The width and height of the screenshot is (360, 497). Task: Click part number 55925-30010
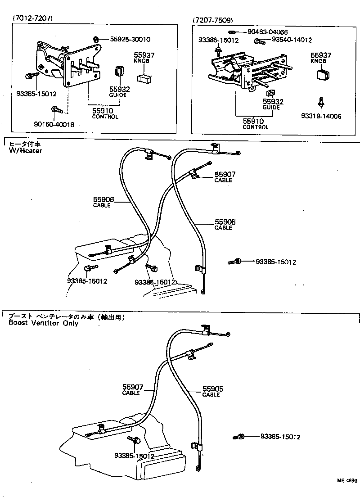130,39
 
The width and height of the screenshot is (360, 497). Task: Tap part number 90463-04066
268,32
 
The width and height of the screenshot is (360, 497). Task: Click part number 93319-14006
321,116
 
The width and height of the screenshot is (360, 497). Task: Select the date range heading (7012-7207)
33,18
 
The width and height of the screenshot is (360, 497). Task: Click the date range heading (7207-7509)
213,21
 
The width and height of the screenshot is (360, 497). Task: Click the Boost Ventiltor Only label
43,323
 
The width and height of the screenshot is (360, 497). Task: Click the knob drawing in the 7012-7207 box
145,78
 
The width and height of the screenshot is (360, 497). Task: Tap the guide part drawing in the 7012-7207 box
119,72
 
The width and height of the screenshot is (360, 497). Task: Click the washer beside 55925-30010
98,39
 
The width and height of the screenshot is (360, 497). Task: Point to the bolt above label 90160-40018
56,109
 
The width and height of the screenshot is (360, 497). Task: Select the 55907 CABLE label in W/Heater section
225,176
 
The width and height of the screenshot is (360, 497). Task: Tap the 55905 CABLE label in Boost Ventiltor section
212,391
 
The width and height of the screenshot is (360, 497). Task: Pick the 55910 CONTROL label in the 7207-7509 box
255,123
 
